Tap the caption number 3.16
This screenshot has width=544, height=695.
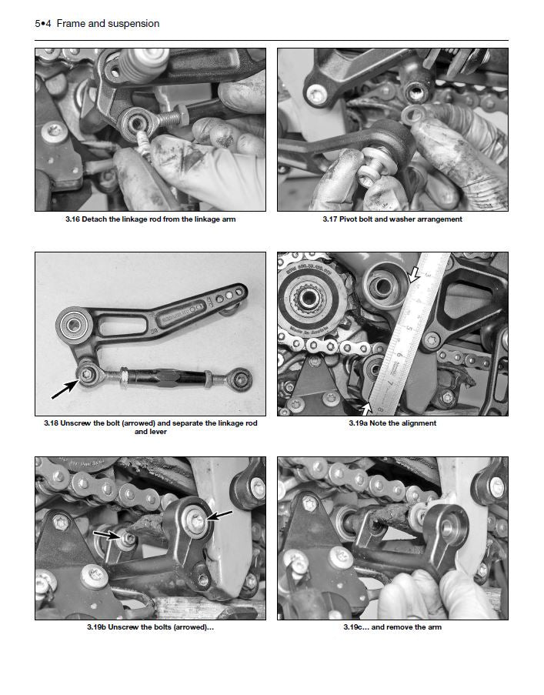pos(76,219)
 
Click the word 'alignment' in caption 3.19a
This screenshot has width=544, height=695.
pos(419,423)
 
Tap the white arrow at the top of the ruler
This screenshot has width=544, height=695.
pos(416,272)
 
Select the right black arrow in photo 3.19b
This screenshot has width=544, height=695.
pos(221,516)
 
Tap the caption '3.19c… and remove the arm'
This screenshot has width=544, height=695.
pos(392,627)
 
